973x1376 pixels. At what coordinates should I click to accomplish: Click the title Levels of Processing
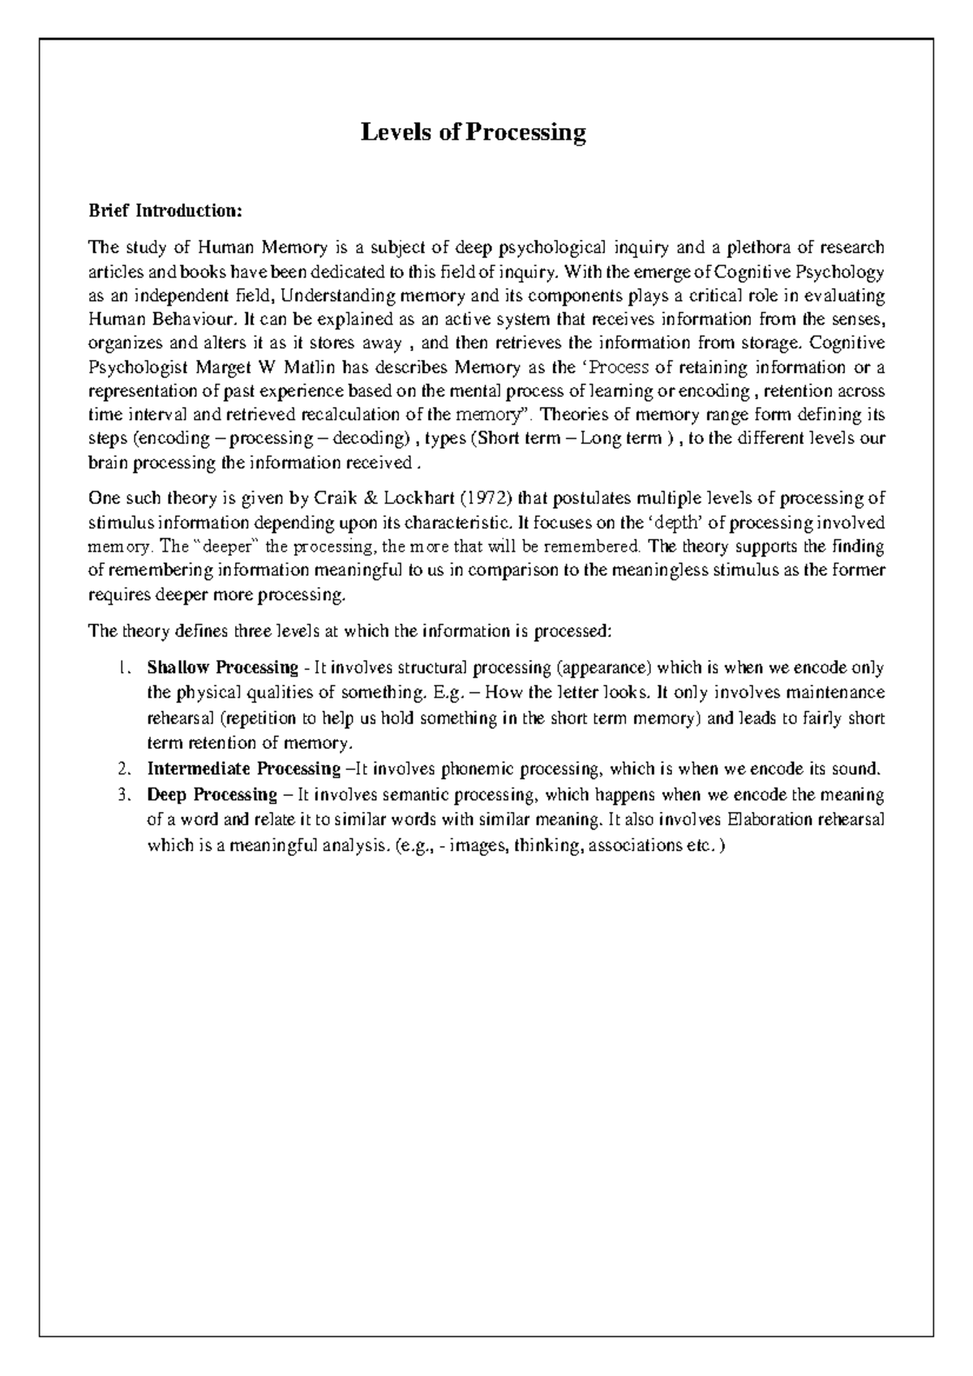pos(473,131)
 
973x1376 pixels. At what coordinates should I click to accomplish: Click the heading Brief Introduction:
pos(165,211)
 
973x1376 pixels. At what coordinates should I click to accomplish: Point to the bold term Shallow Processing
pos(222,668)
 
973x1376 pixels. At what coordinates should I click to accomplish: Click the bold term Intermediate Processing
pos(243,768)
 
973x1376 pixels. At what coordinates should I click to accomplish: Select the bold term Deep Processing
pos(212,793)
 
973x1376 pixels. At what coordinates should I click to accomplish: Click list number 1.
pos(122,669)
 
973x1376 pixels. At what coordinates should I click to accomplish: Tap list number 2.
pos(122,769)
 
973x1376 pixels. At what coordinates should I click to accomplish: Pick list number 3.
pos(122,794)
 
